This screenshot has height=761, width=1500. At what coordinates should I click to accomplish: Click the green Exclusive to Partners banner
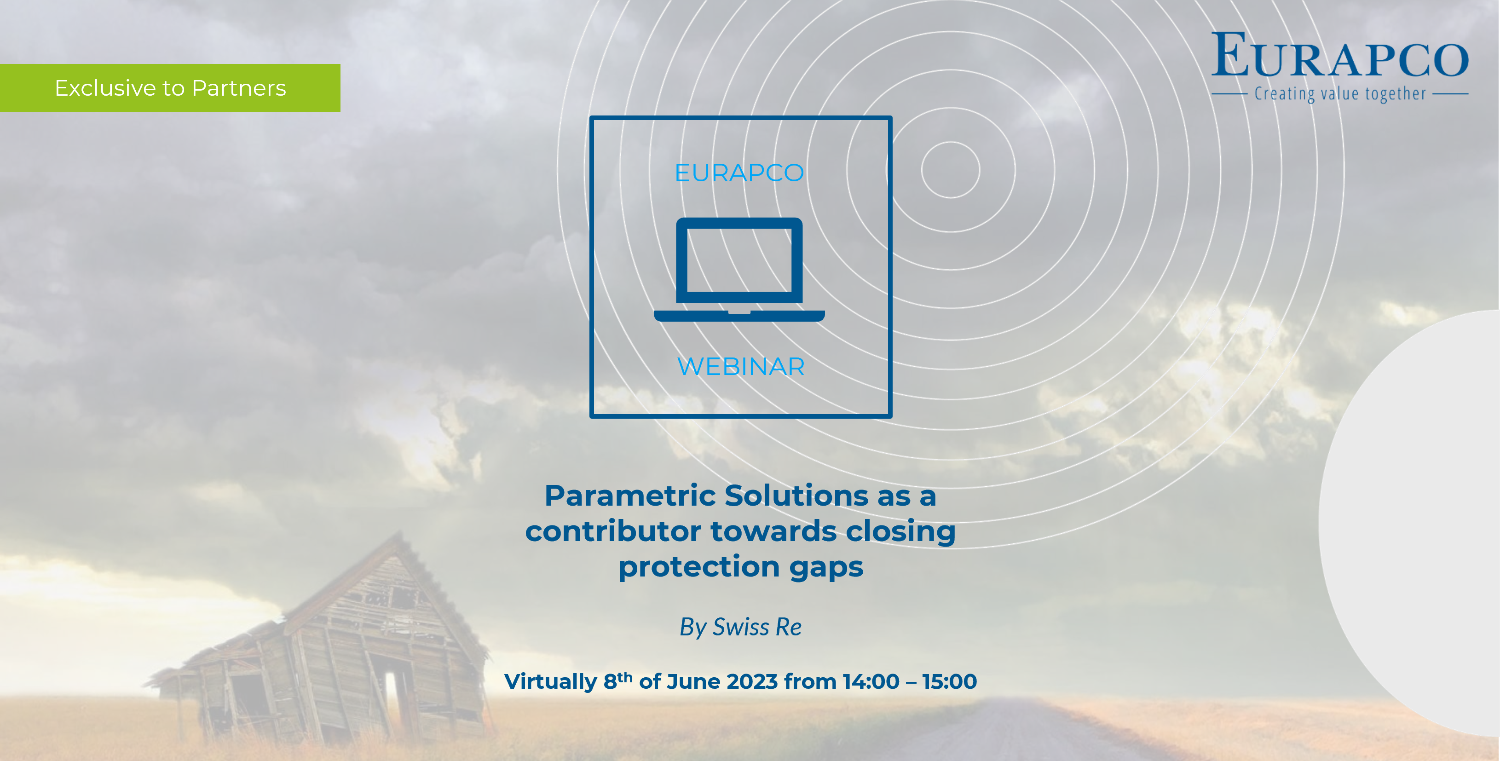coord(170,88)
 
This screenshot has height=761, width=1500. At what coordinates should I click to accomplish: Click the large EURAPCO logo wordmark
coord(1340,55)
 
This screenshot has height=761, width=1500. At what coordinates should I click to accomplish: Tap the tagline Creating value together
coord(1340,94)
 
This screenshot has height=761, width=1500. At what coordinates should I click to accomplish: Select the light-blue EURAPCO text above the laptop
coord(739,173)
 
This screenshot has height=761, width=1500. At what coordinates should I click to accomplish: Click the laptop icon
coord(739,270)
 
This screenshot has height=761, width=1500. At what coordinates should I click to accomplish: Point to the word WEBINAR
coord(741,366)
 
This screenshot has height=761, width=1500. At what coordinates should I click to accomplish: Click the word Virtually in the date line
coord(550,682)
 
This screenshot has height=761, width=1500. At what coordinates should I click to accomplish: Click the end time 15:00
coord(950,681)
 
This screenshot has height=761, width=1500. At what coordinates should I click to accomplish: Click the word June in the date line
coord(693,681)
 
